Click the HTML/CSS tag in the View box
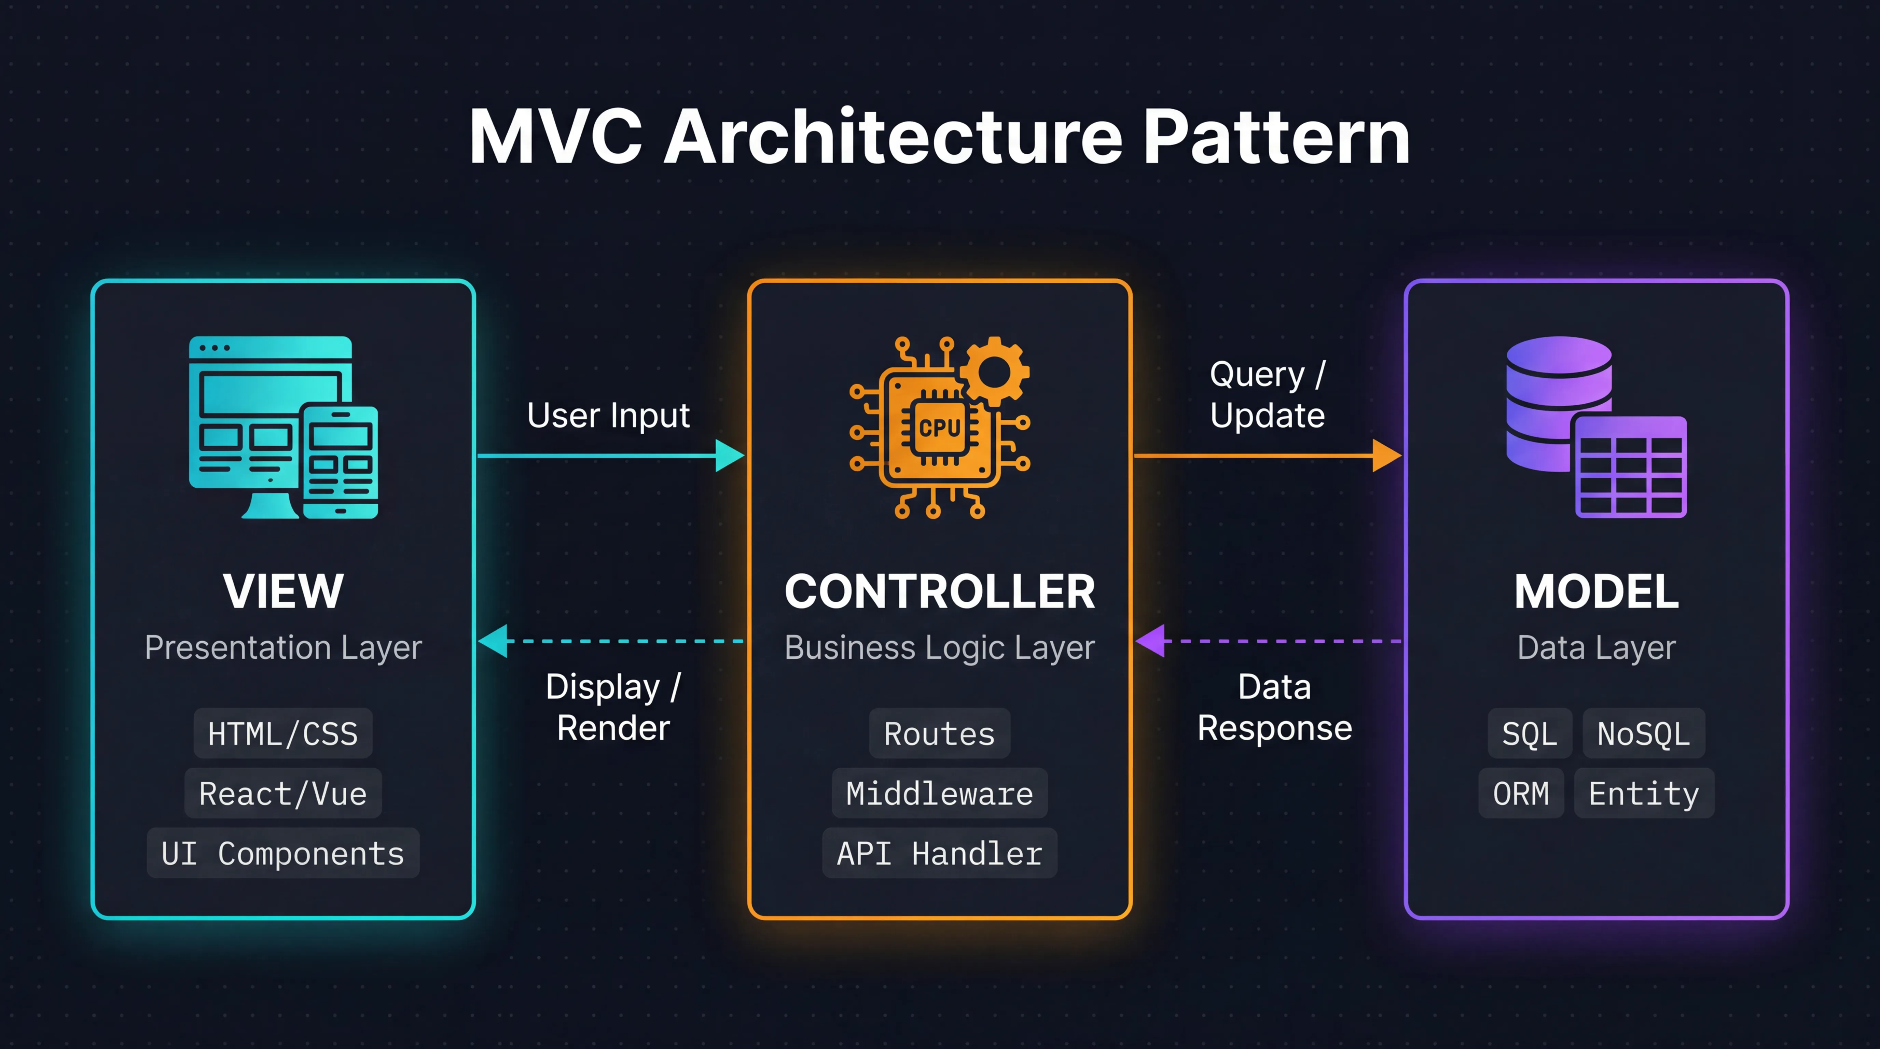click(282, 733)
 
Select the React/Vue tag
click(282, 793)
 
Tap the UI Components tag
click(282, 853)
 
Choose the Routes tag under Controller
click(939, 733)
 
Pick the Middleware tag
click(939, 793)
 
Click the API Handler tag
click(939, 853)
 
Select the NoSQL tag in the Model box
click(1644, 733)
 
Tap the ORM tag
click(1521, 793)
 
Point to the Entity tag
click(1644, 793)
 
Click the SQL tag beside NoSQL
click(1530, 733)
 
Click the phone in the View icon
click(340, 462)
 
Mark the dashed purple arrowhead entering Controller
click(1151, 641)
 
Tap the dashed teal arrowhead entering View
click(493, 641)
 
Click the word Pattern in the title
click(1276, 137)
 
